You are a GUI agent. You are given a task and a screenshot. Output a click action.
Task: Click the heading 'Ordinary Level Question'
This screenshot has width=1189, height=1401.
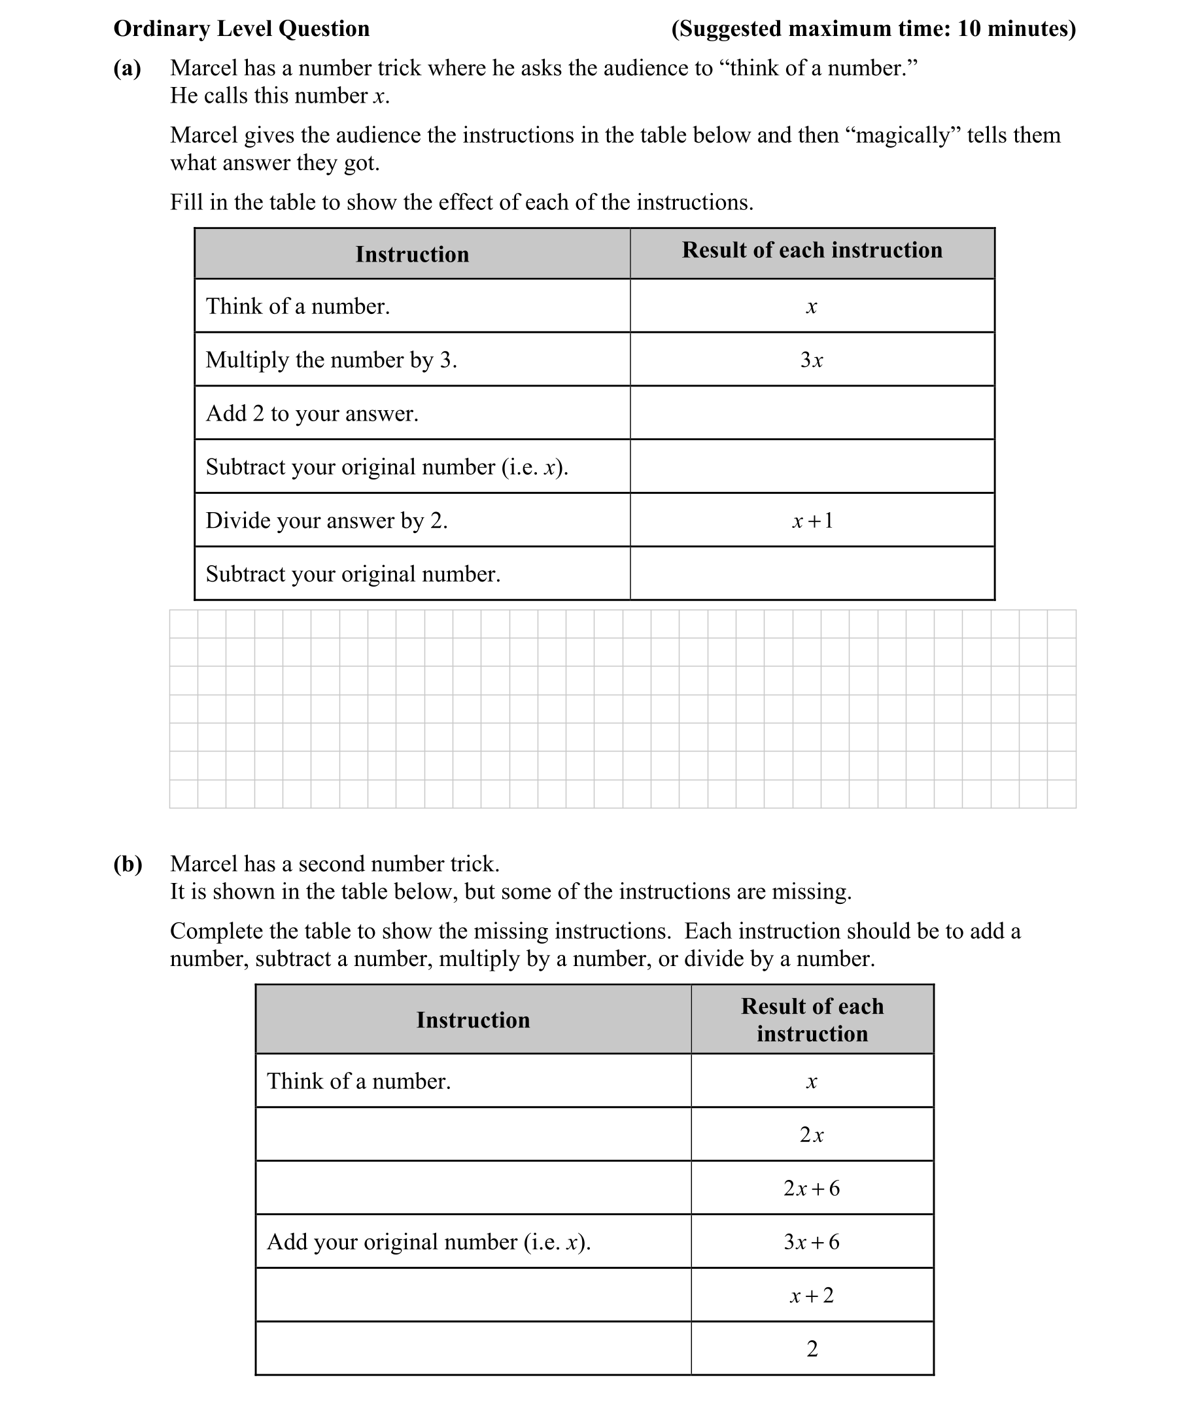241,29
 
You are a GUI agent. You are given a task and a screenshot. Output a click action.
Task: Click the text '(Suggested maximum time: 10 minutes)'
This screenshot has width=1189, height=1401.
873,29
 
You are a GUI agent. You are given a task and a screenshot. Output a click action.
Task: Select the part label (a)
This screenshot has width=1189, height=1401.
128,68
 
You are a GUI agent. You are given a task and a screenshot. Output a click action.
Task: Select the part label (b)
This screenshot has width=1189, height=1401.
128,863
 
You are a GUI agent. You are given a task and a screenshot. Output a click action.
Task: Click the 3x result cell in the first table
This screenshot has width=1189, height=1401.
812,360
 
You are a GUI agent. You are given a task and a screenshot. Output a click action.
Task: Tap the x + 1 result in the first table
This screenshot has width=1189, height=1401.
812,521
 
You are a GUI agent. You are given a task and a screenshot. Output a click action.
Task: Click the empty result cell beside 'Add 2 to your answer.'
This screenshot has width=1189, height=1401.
812,413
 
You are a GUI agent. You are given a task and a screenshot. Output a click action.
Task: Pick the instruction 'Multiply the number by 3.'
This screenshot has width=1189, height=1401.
331,360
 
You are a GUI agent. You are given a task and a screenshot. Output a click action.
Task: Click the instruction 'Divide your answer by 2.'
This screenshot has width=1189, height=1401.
326,521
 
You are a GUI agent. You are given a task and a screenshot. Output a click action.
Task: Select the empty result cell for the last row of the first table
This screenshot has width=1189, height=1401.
812,574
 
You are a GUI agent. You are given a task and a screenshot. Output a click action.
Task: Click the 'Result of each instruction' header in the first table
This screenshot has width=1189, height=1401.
812,250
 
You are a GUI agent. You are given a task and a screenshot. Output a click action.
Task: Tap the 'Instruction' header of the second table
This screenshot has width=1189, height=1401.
472,1020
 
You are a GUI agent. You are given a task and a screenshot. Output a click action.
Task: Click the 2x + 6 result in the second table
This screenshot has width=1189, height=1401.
812,1188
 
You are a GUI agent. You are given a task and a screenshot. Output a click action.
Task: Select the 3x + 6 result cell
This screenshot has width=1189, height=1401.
812,1242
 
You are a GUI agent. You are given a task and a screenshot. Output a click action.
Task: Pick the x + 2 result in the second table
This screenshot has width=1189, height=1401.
812,1295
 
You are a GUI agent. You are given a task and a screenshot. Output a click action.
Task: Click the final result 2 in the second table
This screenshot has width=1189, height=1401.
812,1349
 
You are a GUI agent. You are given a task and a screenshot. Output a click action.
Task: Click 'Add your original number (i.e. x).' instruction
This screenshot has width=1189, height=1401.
428,1242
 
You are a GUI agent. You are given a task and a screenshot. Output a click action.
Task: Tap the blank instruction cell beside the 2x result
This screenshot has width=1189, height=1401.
472,1135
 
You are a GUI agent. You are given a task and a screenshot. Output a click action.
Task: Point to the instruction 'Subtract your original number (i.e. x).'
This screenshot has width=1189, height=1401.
387,467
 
